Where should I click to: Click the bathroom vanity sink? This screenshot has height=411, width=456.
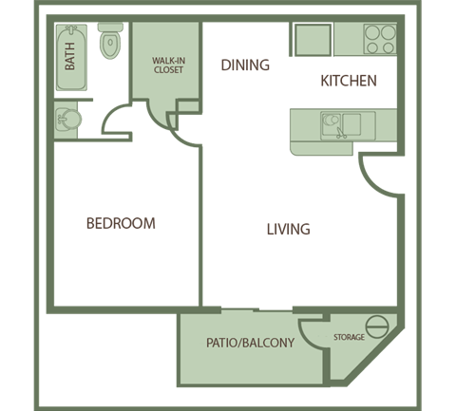click(x=68, y=120)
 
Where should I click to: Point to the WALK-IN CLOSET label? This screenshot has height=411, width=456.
click(x=167, y=65)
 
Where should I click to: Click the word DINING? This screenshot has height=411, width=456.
click(x=245, y=65)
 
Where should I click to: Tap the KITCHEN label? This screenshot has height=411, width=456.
click(x=349, y=82)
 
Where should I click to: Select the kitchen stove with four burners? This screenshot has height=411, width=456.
click(x=380, y=37)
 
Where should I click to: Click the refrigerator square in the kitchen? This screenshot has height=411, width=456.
click(x=311, y=39)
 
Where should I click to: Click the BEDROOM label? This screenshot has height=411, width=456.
click(x=121, y=224)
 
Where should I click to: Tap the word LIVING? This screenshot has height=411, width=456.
click(x=288, y=230)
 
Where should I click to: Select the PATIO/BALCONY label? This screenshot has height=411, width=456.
click(x=250, y=343)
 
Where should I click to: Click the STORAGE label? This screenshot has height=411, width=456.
click(x=348, y=338)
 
